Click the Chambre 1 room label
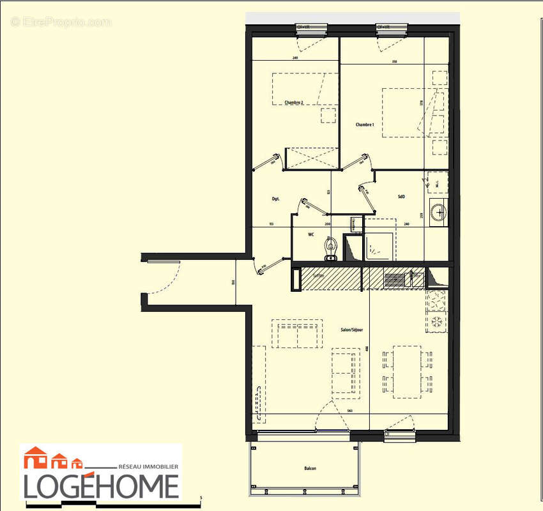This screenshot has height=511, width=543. [365, 125]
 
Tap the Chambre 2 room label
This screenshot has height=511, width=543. [294, 103]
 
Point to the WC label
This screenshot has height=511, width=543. [311, 235]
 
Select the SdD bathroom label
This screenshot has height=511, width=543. [401, 197]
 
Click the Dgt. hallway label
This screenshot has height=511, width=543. [275, 199]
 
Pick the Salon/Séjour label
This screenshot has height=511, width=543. [351, 330]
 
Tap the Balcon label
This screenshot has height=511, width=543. [310, 469]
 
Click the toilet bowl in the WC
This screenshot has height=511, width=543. [330, 248]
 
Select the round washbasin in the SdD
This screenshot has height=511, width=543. [438, 211]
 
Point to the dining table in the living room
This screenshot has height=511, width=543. [406, 370]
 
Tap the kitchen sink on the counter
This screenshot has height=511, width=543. [395, 279]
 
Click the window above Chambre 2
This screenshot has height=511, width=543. [311, 27]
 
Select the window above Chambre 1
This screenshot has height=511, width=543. [391, 27]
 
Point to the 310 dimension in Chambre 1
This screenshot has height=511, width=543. [394, 62]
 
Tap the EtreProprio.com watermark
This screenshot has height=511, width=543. [61, 22]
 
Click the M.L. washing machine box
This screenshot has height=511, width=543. [437, 182]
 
